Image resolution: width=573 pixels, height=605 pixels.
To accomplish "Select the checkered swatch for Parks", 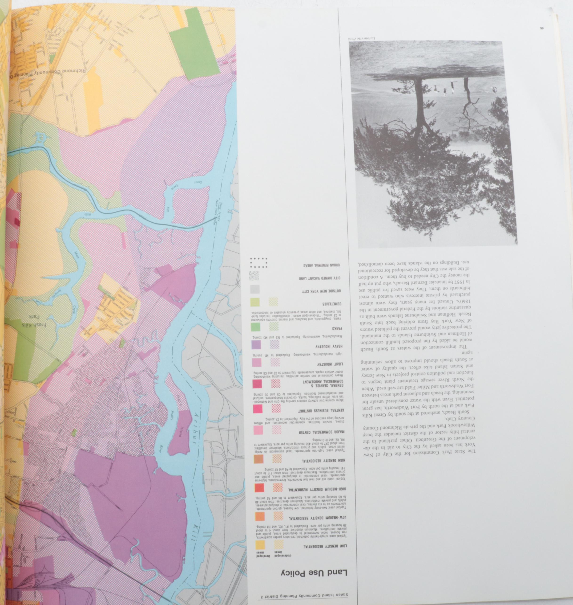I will (x=274, y=327).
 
